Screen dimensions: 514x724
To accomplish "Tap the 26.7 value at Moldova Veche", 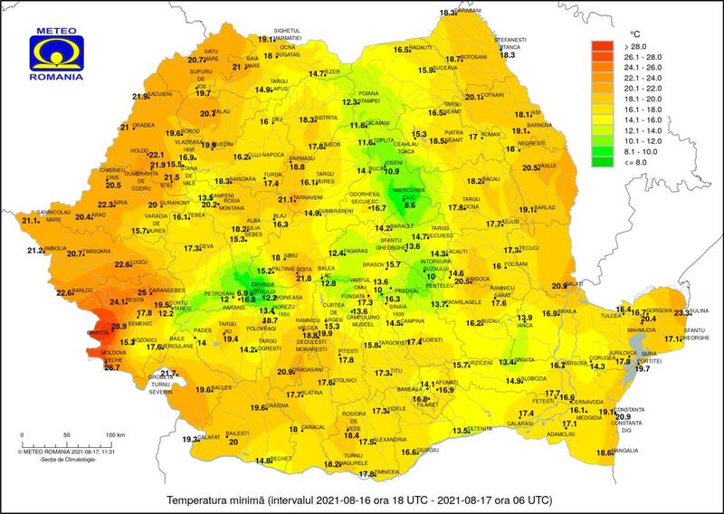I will tap(112, 367).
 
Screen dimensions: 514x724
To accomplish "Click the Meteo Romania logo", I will tap(60, 53).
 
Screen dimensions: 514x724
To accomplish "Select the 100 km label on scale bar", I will tap(115, 435).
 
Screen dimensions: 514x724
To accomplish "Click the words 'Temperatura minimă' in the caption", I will tap(214, 500).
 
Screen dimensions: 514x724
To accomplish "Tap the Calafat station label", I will tap(211, 435).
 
